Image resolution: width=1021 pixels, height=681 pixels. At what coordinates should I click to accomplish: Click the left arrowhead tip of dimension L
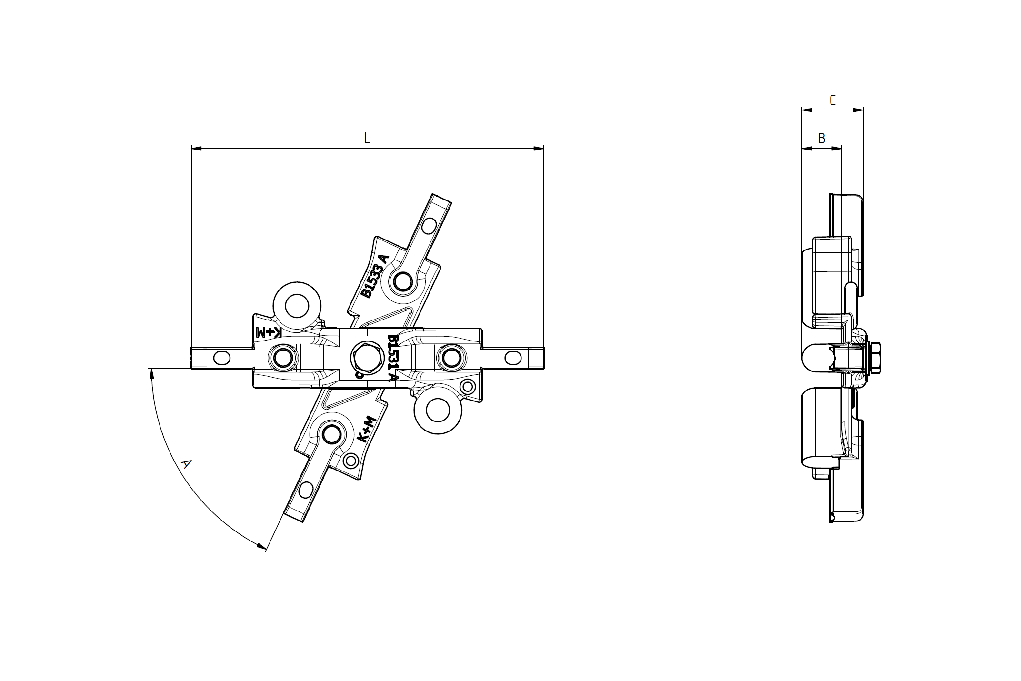pos(191,149)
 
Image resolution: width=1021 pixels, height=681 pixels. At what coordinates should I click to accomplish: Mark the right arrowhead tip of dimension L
pos(543,149)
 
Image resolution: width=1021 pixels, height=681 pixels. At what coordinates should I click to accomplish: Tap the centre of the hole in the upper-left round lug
pos(297,306)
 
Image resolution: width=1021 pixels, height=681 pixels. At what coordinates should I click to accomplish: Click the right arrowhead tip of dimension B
pos(841,149)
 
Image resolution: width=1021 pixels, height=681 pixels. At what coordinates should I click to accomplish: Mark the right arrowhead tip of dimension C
pos(863,110)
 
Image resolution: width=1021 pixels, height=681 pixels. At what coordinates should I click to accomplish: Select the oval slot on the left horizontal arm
pos(222,358)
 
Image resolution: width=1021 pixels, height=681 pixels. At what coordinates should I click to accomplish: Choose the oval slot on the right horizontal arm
pos(513,358)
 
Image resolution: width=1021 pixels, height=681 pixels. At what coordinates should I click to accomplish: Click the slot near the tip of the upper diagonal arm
pos(429,226)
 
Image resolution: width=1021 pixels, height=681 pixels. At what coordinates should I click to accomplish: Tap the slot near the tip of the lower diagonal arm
pos(306,490)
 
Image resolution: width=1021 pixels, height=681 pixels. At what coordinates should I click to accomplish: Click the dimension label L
pos(367,138)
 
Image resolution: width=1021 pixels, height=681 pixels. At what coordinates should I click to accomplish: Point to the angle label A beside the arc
pos(187,463)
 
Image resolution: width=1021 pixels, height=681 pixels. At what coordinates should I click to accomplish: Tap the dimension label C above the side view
pos(832,100)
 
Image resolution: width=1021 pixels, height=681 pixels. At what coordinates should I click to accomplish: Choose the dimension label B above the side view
pos(821,138)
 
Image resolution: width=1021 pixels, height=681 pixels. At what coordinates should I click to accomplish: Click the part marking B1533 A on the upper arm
pos(375,276)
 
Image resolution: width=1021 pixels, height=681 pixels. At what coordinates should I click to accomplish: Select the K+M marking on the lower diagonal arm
pos(367,430)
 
